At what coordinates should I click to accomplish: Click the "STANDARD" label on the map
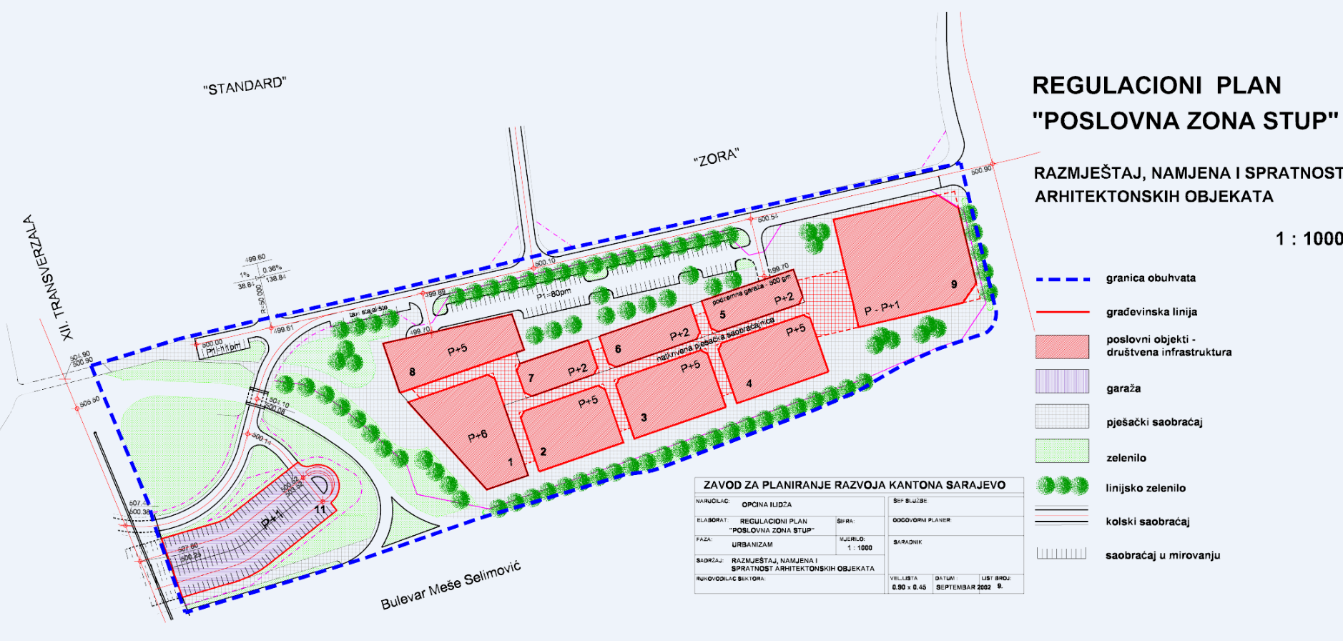[245, 86]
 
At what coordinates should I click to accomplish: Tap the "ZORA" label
[716, 157]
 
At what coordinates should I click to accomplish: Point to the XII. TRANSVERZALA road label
[49, 278]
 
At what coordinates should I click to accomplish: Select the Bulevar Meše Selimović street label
[451, 585]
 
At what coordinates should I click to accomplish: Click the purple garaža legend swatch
[1062, 381]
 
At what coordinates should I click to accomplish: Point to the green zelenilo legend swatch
[1062, 451]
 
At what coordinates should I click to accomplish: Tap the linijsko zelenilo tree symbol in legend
[1062, 486]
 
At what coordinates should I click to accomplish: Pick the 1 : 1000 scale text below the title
[1309, 239]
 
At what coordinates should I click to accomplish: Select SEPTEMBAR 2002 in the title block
[963, 587]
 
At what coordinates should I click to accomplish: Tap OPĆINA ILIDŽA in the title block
[766, 504]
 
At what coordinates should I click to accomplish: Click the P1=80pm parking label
[554, 293]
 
